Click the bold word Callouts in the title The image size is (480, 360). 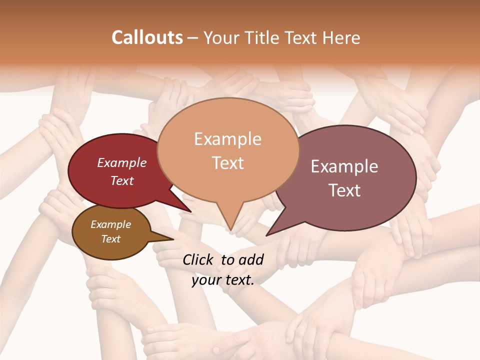tap(147, 37)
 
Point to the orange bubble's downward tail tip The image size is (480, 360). tap(230, 230)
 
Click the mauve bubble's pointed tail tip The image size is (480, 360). tap(267, 235)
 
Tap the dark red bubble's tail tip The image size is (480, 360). tap(190, 212)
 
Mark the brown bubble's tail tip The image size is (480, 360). tap(174, 238)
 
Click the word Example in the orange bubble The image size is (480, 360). tap(227, 138)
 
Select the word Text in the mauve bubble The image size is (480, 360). tap(345, 190)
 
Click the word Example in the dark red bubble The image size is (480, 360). tap(122, 162)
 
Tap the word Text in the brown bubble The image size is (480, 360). tap(111, 239)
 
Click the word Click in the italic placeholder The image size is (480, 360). tap(198, 259)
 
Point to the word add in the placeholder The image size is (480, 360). tap(251, 259)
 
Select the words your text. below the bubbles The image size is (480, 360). tap(223, 280)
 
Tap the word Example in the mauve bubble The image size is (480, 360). tap(344, 166)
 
